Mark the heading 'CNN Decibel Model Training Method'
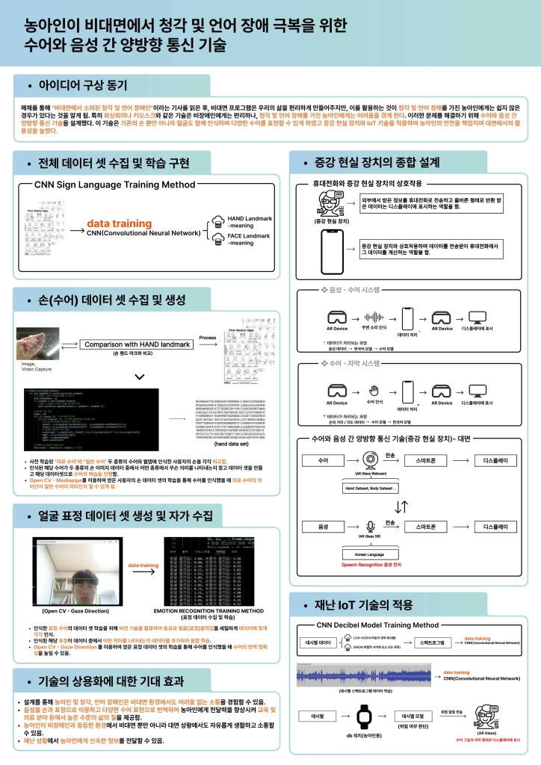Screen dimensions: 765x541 click(x=377, y=625)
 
